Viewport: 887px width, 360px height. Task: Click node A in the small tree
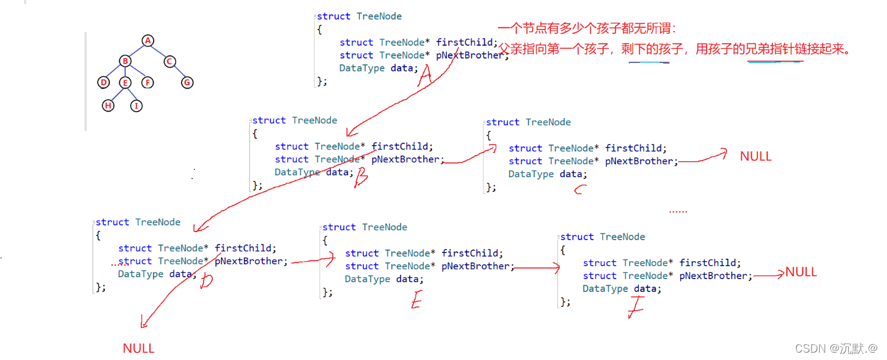click(x=148, y=41)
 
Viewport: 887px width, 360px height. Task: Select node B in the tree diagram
click(x=125, y=61)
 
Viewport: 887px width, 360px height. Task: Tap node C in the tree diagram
click(x=170, y=61)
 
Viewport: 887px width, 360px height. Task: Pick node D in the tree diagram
click(x=103, y=82)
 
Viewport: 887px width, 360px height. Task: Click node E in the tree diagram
click(x=125, y=83)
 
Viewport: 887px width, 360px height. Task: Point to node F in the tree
click(x=147, y=82)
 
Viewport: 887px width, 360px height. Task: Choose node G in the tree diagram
click(x=187, y=82)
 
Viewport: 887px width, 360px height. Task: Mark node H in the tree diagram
click(x=109, y=106)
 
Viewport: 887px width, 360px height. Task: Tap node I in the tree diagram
click(x=136, y=106)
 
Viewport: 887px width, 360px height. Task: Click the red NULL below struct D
click(x=138, y=348)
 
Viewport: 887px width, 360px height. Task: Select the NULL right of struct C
click(x=756, y=156)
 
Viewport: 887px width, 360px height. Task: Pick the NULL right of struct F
click(x=801, y=272)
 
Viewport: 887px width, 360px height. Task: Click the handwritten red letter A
click(x=424, y=77)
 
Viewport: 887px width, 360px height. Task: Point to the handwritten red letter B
click(x=360, y=178)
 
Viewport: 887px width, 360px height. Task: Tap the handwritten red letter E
click(x=415, y=300)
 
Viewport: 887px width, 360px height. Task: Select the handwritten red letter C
click(x=579, y=191)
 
